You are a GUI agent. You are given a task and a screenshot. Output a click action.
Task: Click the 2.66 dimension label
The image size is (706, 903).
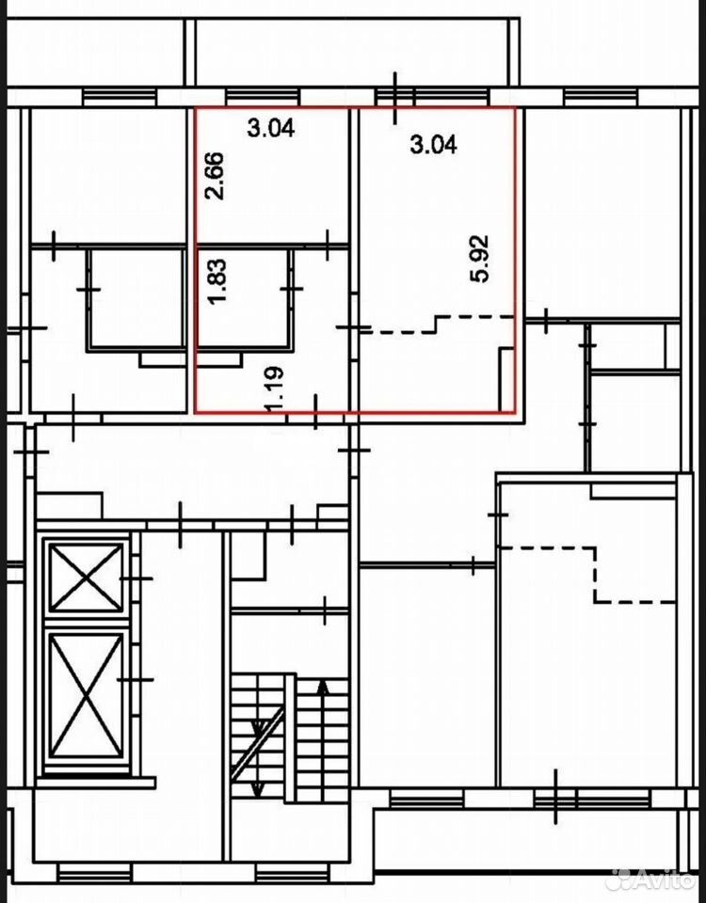click(x=215, y=176)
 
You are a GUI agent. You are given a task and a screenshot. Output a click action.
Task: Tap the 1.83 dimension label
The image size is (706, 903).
click(x=217, y=281)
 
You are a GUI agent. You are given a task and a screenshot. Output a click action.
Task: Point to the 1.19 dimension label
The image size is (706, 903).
click(x=273, y=389)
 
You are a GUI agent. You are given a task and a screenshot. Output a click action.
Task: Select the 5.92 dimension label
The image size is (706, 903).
click(x=479, y=258)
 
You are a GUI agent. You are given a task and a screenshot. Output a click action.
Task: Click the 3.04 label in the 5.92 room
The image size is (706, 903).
click(x=433, y=144)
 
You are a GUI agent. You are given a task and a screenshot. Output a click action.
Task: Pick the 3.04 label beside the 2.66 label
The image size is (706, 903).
click(x=271, y=127)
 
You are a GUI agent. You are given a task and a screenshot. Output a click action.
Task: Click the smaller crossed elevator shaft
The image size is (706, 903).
click(x=87, y=577)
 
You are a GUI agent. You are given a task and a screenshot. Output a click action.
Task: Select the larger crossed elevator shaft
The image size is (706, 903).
click(x=87, y=696)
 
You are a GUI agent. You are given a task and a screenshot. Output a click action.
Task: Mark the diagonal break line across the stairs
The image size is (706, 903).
click(x=257, y=744)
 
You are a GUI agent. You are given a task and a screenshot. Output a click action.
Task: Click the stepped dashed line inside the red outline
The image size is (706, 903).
click(x=435, y=324)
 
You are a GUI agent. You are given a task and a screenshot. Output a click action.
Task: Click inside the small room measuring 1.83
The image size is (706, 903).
click(x=242, y=298)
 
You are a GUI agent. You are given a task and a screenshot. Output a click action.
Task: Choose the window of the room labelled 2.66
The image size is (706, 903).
click(x=263, y=97)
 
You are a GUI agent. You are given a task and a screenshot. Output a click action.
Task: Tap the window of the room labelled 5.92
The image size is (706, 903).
click(x=432, y=97)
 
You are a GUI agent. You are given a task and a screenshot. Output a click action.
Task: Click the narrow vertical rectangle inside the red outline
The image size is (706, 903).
click(x=506, y=379)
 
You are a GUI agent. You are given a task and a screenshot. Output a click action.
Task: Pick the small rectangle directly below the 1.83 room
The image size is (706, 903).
click(x=219, y=359)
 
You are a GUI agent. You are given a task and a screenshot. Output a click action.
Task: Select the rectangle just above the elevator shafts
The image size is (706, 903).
click(x=69, y=506)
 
